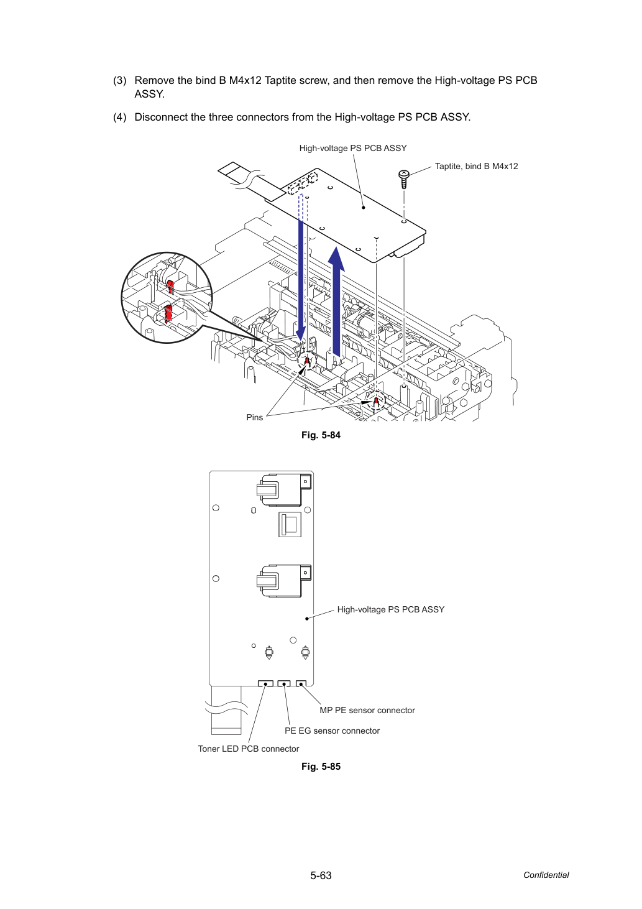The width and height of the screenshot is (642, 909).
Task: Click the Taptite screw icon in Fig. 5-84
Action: tap(403, 179)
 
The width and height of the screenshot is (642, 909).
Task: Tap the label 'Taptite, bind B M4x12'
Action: tap(476, 167)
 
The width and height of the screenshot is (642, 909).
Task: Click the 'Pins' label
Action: tap(254, 417)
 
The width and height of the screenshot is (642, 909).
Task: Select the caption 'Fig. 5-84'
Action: tap(321, 435)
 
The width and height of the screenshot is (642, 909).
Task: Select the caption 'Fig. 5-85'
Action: tap(321, 767)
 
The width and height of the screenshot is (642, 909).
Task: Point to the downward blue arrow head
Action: tap(301, 335)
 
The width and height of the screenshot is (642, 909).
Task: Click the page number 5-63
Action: tap(321, 875)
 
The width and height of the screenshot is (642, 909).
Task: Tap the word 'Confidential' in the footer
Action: tap(546, 875)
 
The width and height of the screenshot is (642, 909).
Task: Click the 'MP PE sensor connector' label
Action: tap(367, 710)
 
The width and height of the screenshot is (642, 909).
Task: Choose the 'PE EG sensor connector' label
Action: tap(332, 731)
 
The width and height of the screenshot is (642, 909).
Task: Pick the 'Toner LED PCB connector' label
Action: tap(248, 749)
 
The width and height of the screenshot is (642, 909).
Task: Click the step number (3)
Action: tap(120, 80)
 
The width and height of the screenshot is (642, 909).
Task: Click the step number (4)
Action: tap(120, 117)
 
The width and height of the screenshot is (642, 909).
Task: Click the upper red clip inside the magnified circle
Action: tap(170, 287)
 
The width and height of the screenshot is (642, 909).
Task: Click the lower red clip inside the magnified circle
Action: tap(168, 314)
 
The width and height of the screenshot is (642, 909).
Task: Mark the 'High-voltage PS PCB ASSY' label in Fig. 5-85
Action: tap(390, 609)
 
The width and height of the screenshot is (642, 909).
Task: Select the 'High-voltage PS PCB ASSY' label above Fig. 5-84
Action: tap(353, 148)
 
